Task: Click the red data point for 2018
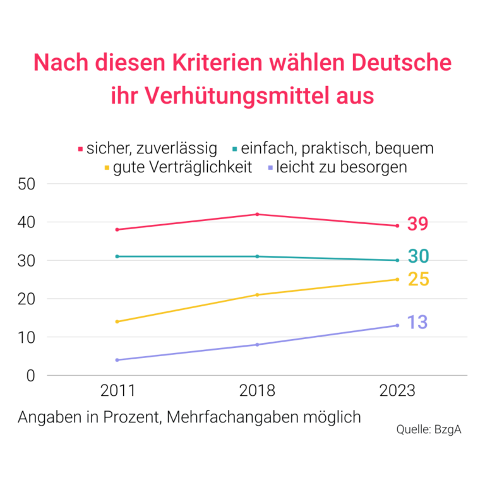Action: coord(258,214)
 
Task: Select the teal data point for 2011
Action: coord(117,256)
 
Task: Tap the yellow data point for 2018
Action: coord(258,295)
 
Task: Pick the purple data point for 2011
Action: coord(117,360)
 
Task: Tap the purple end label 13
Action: coord(417,323)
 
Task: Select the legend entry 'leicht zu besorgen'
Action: coord(341,167)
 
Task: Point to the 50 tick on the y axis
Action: coord(26,184)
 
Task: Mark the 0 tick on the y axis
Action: coord(30,376)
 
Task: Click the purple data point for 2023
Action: coord(397,325)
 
